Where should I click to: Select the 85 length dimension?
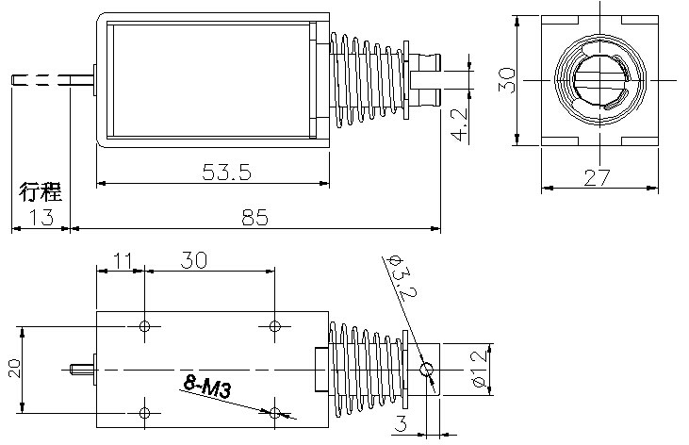(x=254, y=218)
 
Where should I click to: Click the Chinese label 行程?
(x=41, y=194)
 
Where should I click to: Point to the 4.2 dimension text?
(x=458, y=124)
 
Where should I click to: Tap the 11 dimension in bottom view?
(x=121, y=260)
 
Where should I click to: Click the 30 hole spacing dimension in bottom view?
(x=194, y=260)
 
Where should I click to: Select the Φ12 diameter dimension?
(x=479, y=369)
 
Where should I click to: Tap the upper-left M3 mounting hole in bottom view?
(x=145, y=326)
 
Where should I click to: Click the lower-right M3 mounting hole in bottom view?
(x=275, y=412)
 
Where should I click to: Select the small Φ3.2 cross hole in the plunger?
(x=426, y=370)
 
